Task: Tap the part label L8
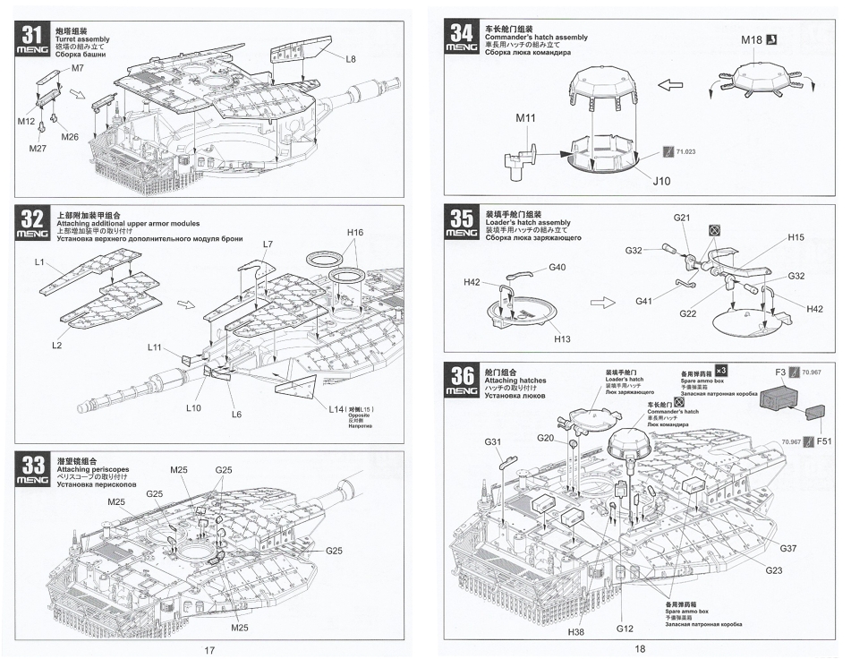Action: [351, 58]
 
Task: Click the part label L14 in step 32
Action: [337, 408]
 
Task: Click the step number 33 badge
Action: [32, 471]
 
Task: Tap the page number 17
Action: [208, 650]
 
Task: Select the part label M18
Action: [753, 40]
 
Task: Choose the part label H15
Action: [796, 237]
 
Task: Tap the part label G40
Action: [557, 267]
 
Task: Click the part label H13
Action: [562, 339]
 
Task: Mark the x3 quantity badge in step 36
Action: [721, 369]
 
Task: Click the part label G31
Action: [493, 441]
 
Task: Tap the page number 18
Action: [639, 650]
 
